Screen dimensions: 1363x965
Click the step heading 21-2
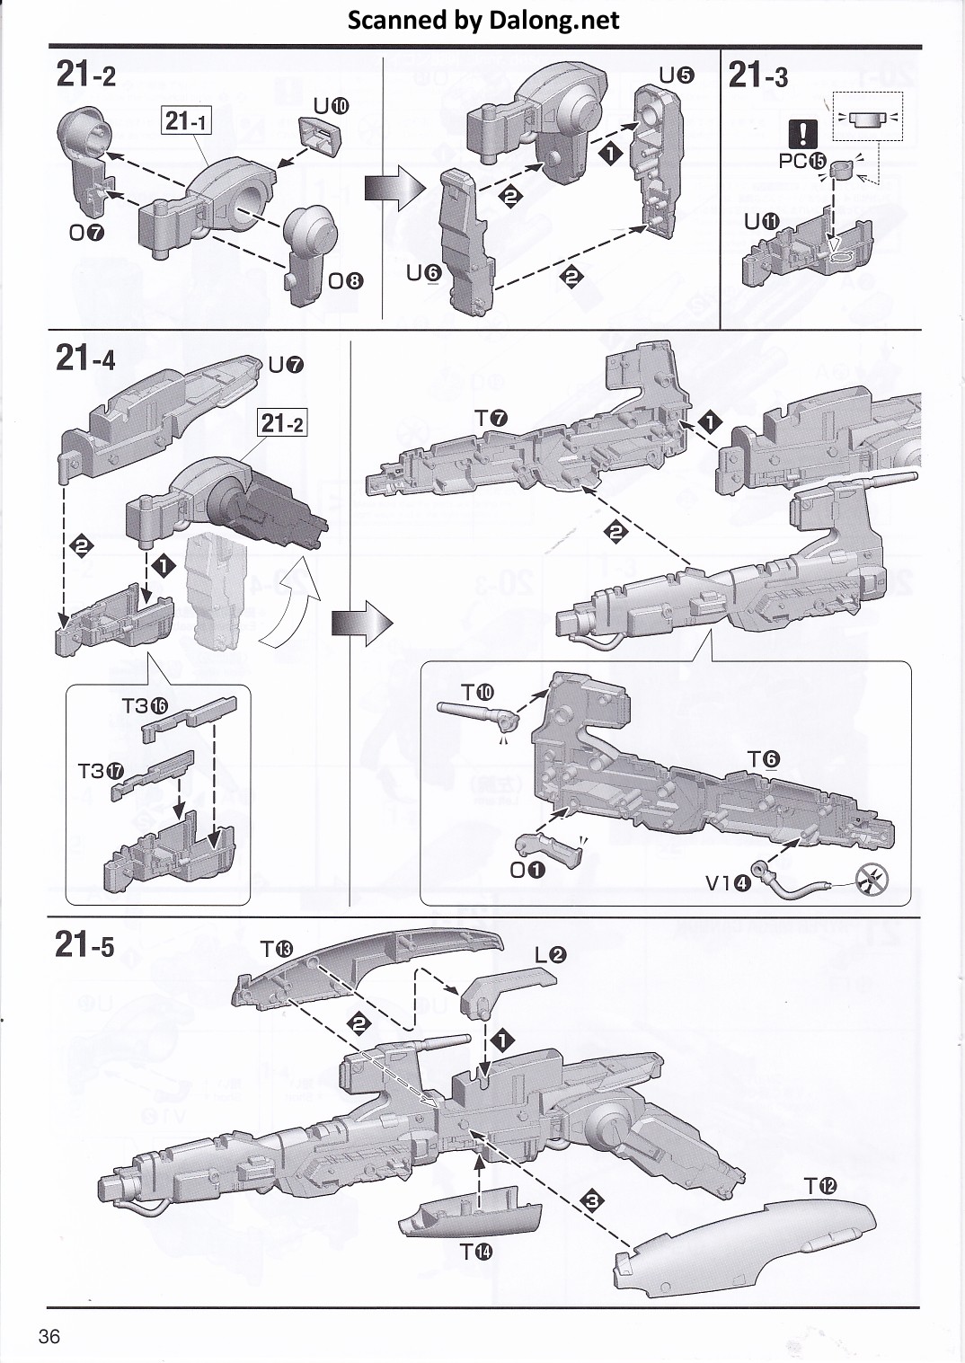click(x=86, y=74)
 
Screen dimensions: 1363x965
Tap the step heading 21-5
click(x=85, y=944)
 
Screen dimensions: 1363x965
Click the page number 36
click(x=49, y=1336)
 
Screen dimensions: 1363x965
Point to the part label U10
click(x=331, y=106)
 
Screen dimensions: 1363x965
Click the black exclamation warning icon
click(x=801, y=135)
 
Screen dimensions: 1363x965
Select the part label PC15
click(x=802, y=162)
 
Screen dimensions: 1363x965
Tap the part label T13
click(x=277, y=949)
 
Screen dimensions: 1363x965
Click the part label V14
click(x=728, y=882)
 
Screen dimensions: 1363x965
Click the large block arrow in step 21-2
click(x=394, y=189)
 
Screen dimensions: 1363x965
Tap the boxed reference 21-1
click(x=187, y=119)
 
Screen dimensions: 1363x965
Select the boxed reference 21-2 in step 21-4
click(x=282, y=422)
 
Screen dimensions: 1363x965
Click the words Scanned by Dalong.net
click(x=482, y=20)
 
